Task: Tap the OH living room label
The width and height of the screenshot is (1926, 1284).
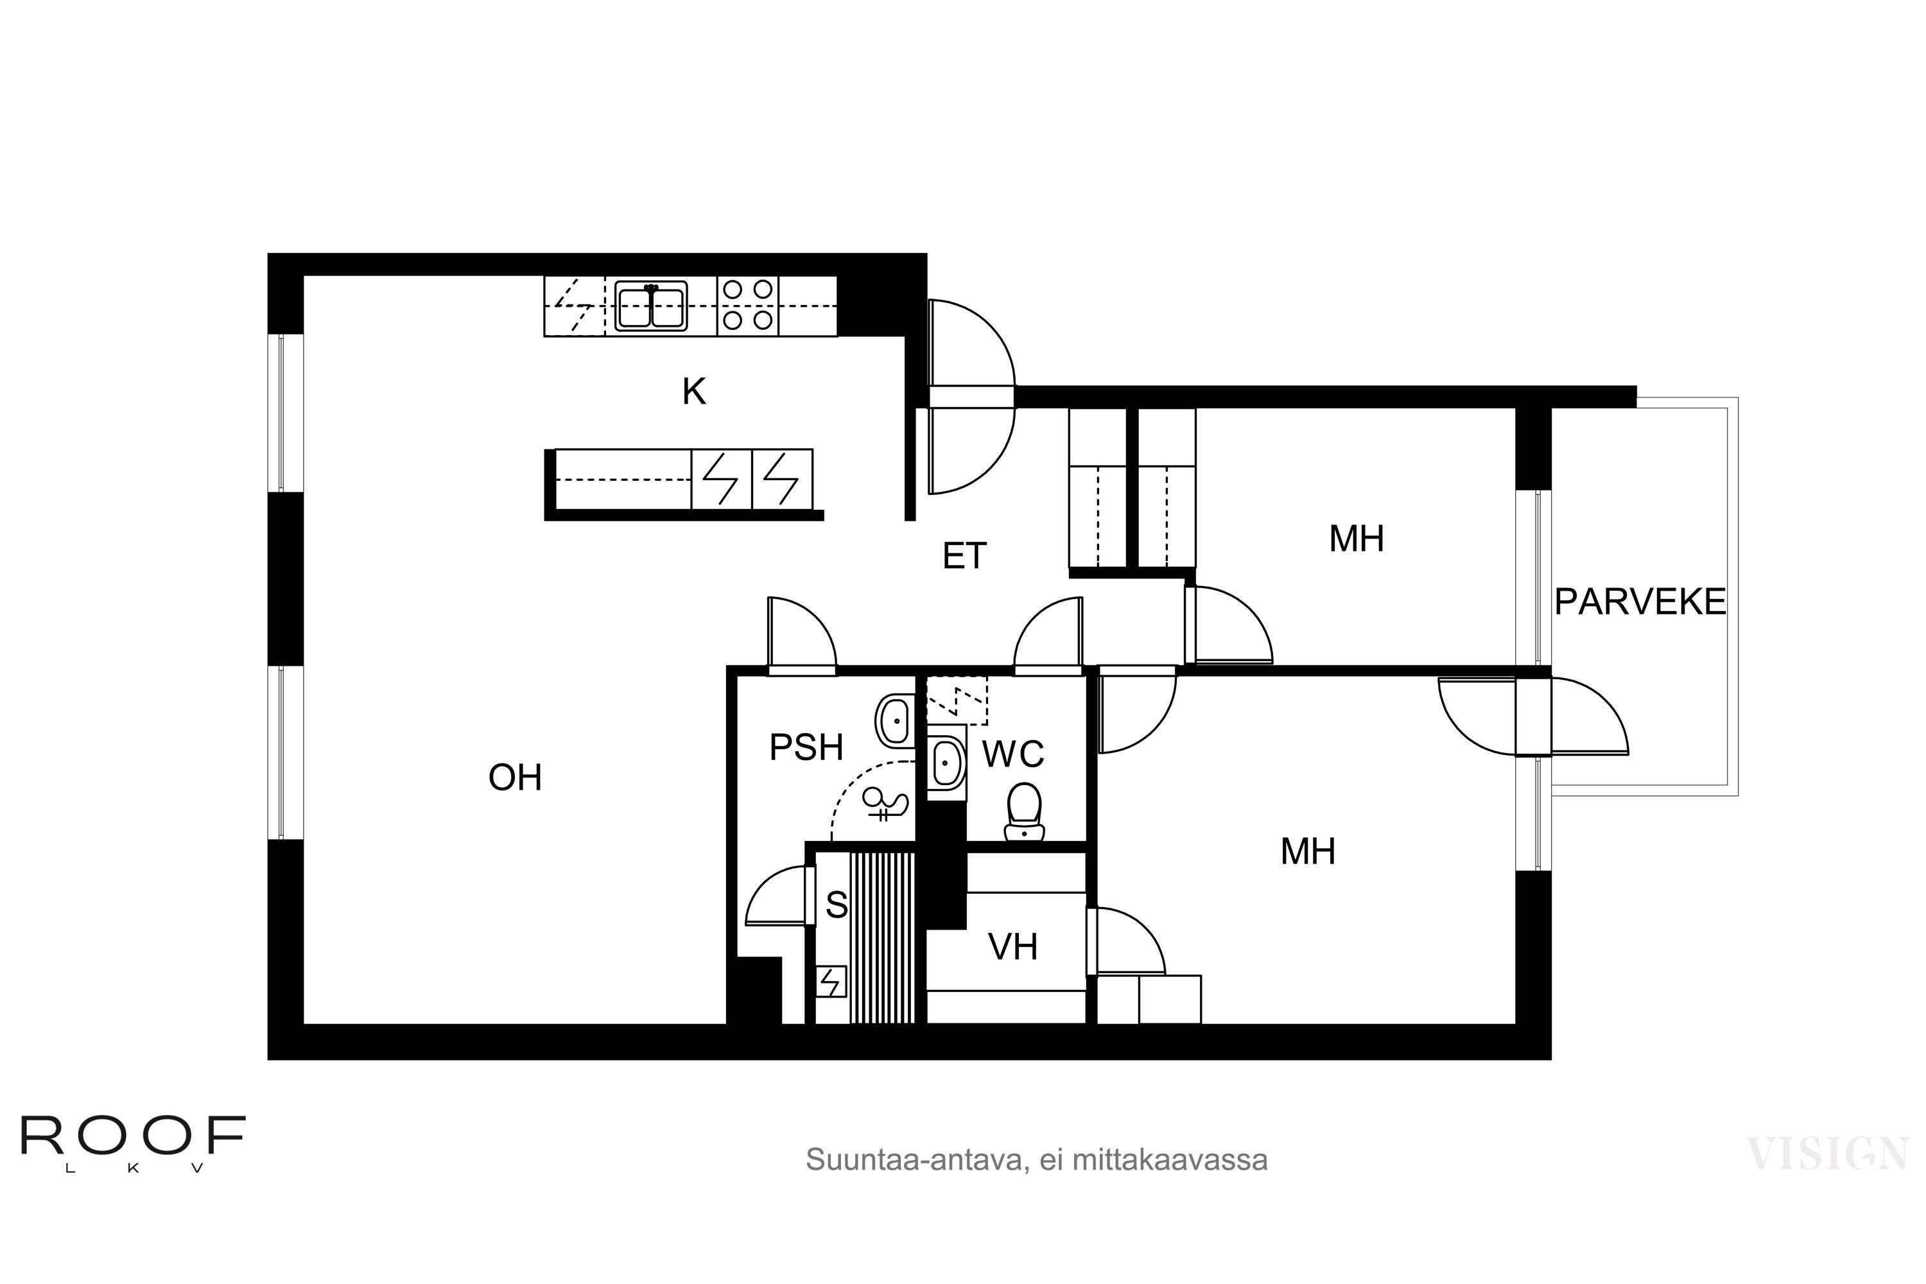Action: tap(515, 777)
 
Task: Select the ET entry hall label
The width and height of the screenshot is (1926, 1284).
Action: tap(965, 557)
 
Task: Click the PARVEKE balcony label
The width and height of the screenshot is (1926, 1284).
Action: tap(1640, 603)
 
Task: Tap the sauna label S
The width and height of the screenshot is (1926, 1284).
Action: tap(836, 905)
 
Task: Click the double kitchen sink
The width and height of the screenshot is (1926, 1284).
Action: tap(651, 306)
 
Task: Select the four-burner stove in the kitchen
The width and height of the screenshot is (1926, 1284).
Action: tap(748, 306)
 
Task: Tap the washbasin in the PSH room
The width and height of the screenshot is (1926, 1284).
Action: tap(895, 720)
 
